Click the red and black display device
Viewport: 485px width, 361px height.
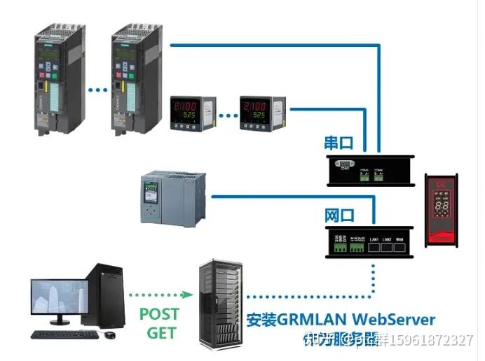point(443,210)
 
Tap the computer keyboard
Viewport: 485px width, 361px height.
point(64,334)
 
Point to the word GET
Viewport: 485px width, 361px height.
point(160,332)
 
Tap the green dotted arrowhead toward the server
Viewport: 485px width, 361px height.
point(189,295)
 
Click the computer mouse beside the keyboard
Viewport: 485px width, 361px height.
point(110,335)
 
